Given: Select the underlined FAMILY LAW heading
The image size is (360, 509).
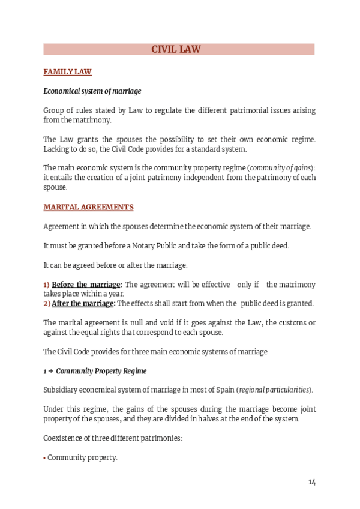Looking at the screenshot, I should (67, 72).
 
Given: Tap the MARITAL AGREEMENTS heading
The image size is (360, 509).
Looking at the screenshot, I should (88, 207).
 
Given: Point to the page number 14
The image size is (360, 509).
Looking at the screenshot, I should (312, 482).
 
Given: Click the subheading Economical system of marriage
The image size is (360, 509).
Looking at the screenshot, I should (92, 91).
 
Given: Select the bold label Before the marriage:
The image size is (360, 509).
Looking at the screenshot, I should (87, 284).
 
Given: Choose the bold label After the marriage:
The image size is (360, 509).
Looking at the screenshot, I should (83, 303).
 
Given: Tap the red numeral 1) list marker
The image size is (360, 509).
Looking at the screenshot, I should (47, 284).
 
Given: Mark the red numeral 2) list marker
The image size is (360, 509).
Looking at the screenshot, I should (47, 303).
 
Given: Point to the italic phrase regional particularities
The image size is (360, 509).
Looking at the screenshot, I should (275, 390).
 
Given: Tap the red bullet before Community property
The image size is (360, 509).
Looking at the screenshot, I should (44, 458).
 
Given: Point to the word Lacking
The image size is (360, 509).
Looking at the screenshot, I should (57, 149).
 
